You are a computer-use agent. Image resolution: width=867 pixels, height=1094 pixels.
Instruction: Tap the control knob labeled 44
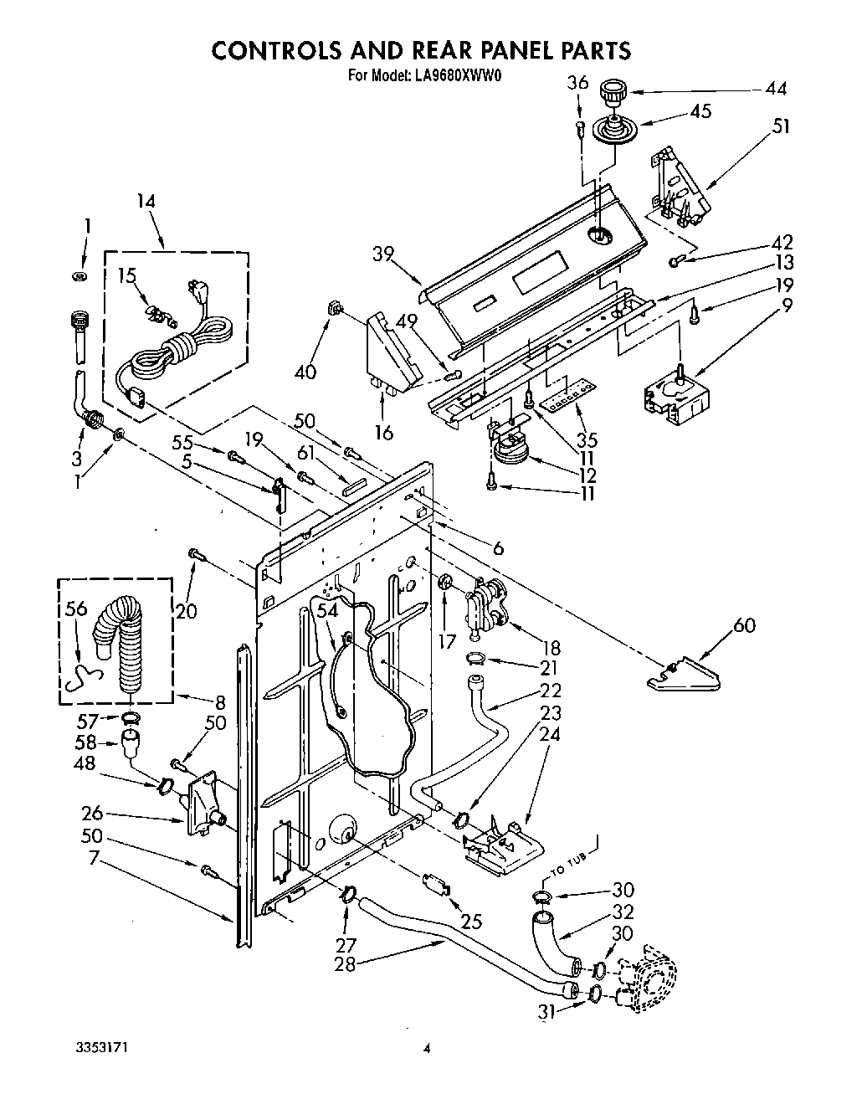click(x=614, y=90)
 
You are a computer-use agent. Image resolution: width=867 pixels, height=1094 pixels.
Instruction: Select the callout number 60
click(x=743, y=624)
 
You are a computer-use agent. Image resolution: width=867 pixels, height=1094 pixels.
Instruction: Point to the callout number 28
click(x=345, y=963)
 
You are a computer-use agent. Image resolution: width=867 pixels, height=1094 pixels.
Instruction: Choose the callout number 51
click(x=781, y=126)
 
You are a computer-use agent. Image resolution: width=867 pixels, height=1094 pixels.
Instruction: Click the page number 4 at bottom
click(x=427, y=1048)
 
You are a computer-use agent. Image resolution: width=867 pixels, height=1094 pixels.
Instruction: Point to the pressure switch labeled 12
click(x=509, y=451)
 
